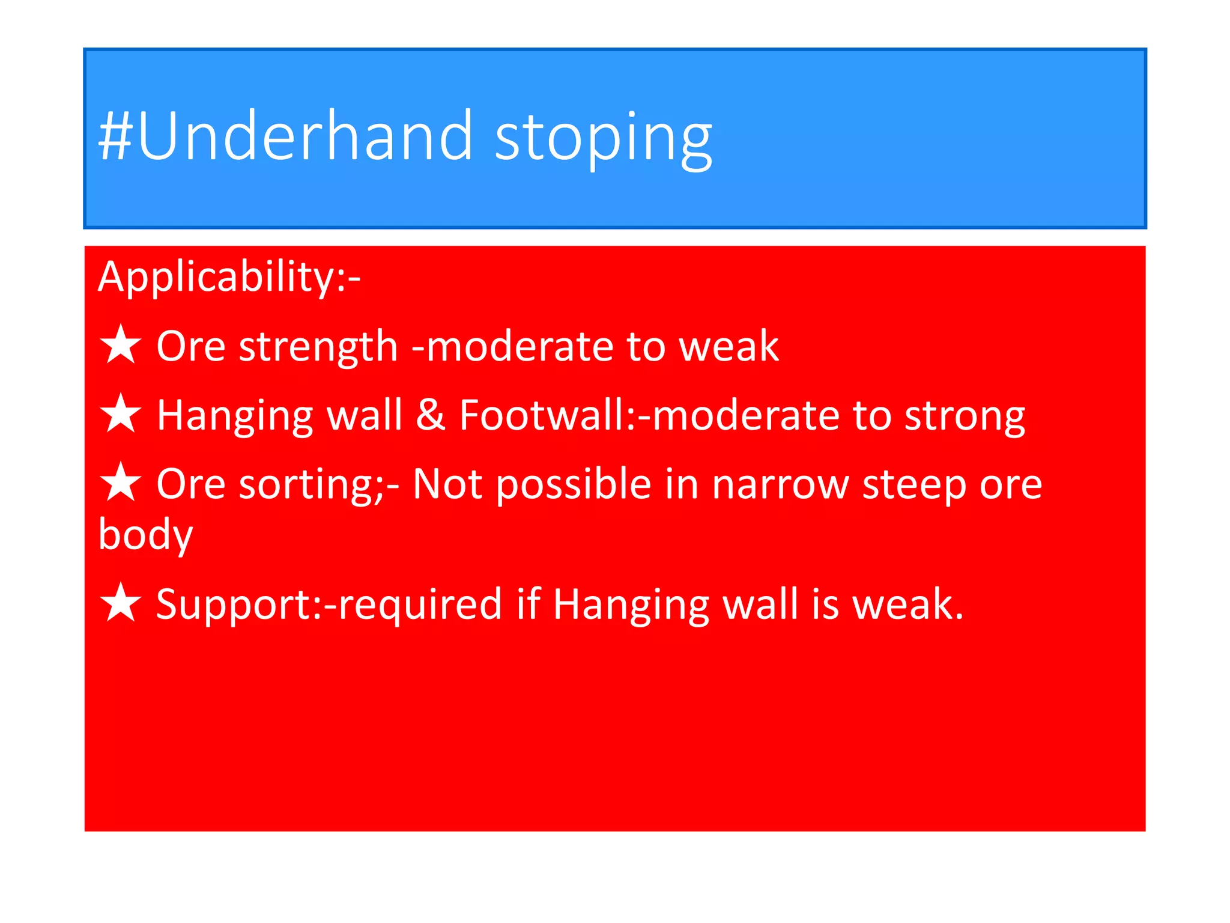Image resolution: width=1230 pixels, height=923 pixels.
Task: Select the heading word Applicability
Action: point(216,278)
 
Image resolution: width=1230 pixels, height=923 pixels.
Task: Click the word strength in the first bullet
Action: point(318,347)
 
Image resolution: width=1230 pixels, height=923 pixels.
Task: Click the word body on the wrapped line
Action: point(145,535)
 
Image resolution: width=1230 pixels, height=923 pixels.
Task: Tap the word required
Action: point(420,605)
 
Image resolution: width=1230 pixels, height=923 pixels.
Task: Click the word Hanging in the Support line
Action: point(631,605)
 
